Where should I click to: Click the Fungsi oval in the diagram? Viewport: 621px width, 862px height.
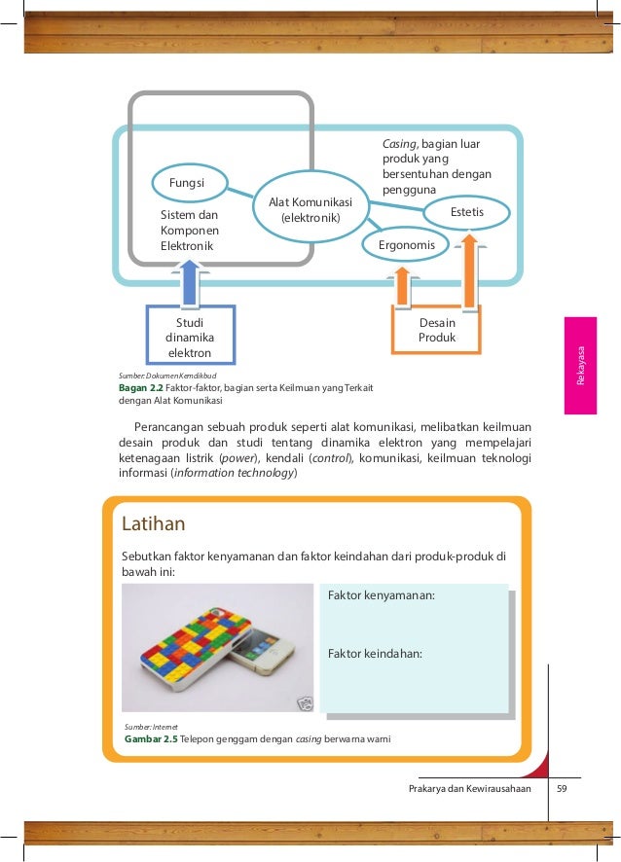pos(187,182)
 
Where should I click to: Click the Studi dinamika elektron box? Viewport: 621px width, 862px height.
pos(189,336)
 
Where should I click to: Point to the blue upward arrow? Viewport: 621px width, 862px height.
pos(189,278)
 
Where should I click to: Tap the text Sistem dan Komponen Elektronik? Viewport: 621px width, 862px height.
pos(190,231)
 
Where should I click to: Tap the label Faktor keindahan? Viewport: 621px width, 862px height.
pos(375,654)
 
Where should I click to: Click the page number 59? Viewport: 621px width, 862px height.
pos(561,789)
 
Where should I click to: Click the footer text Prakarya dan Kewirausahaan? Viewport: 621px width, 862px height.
pos(470,789)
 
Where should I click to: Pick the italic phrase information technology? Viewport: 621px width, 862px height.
pos(234,474)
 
